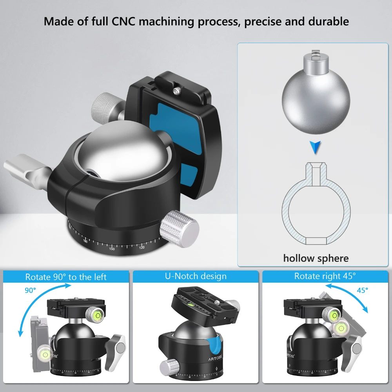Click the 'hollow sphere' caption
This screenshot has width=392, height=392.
[x=316, y=258]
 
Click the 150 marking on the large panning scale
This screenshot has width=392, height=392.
[x=112, y=249]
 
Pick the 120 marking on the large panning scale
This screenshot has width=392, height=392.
[x=142, y=247]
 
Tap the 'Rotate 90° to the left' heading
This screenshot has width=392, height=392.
[x=66, y=277]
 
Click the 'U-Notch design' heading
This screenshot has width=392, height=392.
[x=196, y=276]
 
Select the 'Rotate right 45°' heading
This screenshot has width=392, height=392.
[x=325, y=276]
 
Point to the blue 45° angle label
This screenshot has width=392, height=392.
[x=362, y=290]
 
